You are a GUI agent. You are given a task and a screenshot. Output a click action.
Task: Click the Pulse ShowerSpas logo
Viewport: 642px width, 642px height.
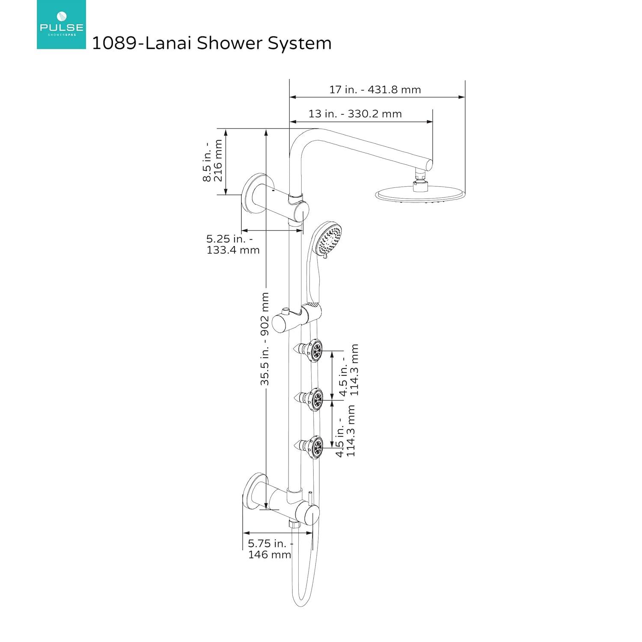[61, 24]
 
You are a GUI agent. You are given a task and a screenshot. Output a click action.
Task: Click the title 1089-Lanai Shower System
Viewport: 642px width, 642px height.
[212, 43]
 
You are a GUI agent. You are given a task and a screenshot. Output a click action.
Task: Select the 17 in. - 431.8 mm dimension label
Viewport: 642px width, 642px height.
[375, 90]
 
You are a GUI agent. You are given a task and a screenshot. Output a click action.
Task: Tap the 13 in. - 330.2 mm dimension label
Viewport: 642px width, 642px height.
[355, 114]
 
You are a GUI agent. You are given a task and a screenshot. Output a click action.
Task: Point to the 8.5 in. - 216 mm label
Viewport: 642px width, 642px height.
[213, 160]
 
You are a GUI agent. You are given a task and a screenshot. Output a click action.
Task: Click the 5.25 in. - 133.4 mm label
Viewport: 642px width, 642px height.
[233, 244]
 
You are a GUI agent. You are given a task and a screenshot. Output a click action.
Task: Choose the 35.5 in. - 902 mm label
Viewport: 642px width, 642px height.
[265, 339]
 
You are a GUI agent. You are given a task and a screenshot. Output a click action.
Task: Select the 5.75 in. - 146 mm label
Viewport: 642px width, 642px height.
[270, 549]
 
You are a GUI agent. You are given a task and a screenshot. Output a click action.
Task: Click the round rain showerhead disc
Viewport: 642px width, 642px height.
[419, 195]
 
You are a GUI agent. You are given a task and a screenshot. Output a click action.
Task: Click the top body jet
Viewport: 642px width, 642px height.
[315, 351]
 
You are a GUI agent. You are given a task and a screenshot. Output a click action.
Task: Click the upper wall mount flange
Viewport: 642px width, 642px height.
[253, 195]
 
